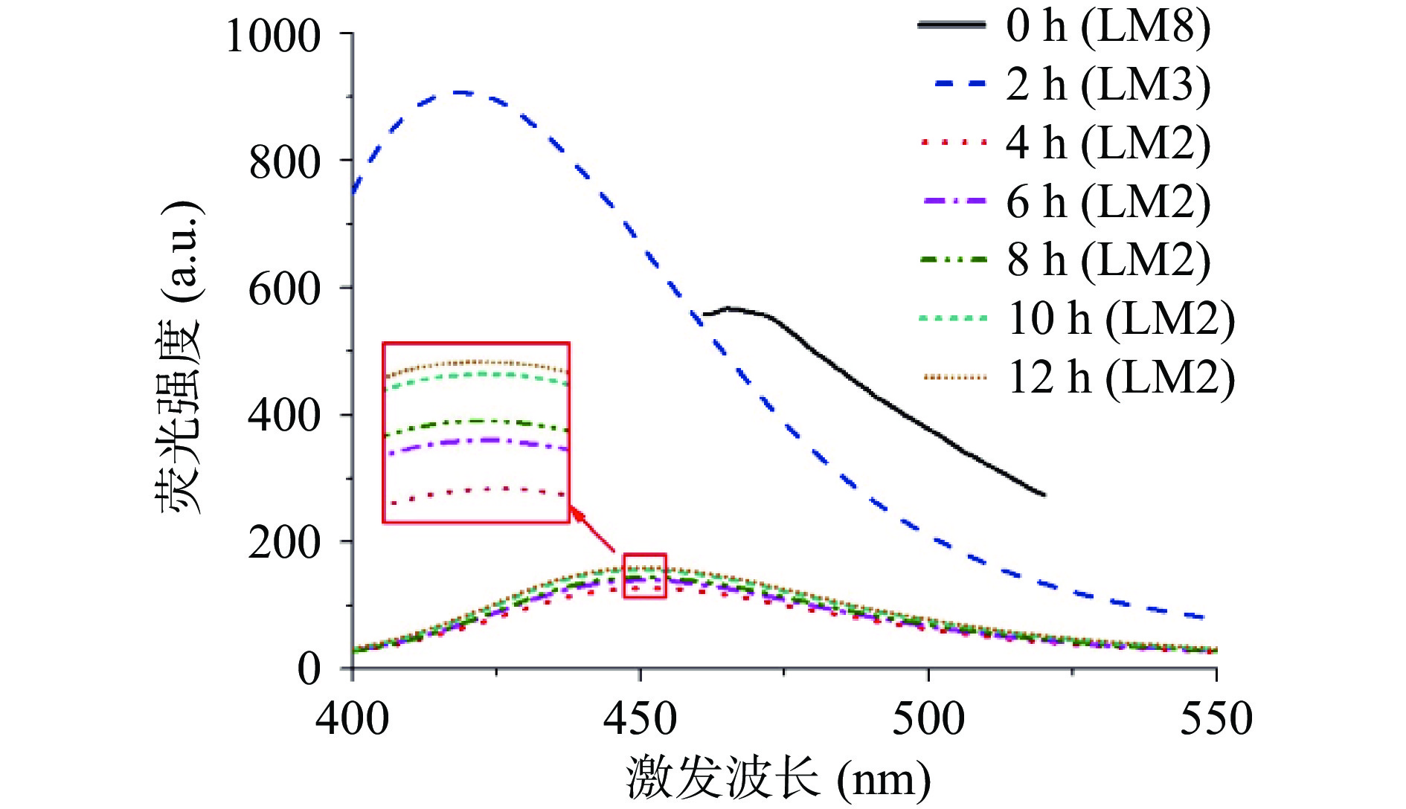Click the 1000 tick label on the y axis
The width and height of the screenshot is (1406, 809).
point(273,36)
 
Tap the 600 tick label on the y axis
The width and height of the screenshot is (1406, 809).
point(285,289)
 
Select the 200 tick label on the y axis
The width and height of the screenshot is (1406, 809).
point(285,543)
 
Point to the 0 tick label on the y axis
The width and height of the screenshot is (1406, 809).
point(309,668)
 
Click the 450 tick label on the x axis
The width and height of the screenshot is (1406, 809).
point(640,720)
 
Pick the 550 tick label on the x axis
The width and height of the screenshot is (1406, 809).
point(1216,720)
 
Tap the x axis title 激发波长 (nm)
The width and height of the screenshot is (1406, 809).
point(777,779)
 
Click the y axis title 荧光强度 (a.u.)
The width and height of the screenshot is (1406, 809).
point(179,357)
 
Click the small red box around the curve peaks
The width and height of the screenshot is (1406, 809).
point(644,576)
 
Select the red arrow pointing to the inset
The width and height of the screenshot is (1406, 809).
point(593,529)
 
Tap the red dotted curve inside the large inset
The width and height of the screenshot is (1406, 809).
point(476,491)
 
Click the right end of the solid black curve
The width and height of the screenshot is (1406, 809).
point(1044,494)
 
